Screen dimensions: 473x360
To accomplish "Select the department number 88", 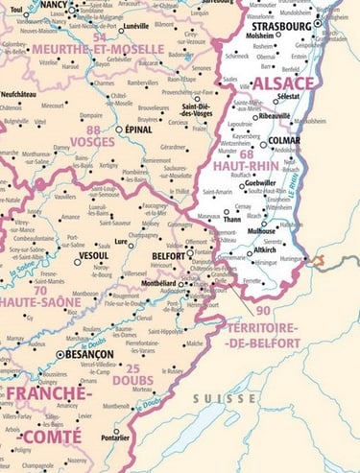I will tap(92, 130).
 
